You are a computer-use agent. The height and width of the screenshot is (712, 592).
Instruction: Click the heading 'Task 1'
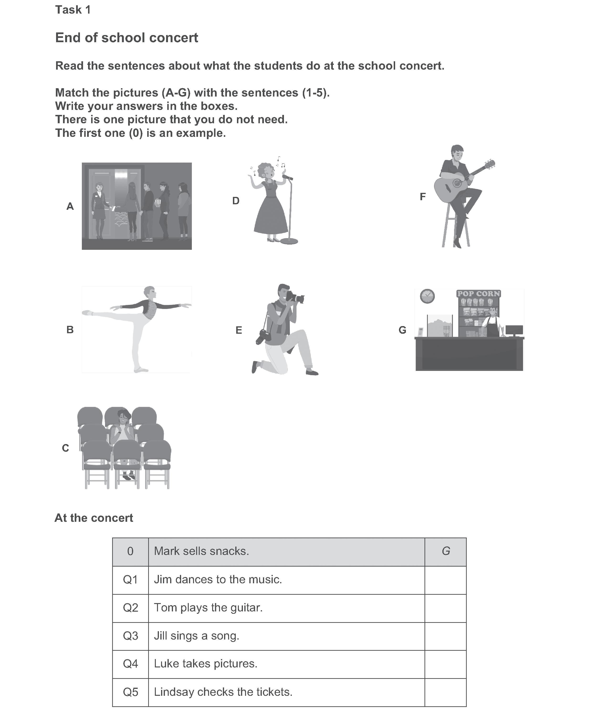click(x=73, y=10)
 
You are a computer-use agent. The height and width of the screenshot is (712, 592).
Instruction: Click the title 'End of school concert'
click(x=127, y=38)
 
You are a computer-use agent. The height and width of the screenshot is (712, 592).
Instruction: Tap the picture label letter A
click(x=70, y=206)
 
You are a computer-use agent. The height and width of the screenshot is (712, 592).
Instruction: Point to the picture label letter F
click(x=423, y=197)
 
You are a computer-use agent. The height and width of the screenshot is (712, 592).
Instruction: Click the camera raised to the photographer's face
click(x=295, y=297)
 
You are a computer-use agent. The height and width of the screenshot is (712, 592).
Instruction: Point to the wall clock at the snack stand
click(x=427, y=296)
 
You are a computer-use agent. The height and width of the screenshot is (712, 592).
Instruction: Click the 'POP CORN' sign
click(x=479, y=294)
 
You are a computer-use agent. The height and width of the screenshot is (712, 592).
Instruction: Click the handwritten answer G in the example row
click(x=446, y=551)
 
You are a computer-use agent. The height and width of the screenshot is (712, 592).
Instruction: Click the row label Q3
click(x=130, y=636)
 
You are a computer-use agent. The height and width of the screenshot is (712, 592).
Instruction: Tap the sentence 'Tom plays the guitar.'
click(x=208, y=608)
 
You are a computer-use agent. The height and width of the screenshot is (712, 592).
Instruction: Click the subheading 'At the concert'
click(x=94, y=518)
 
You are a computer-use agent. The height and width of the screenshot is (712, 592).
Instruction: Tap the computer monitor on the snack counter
click(x=514, y=330)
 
